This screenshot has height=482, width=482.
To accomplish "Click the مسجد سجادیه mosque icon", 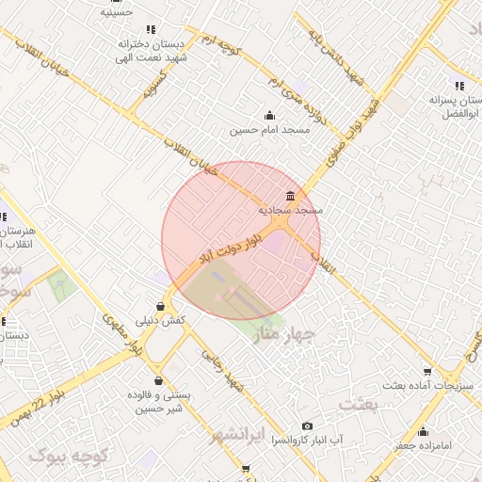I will (x=288, y=197).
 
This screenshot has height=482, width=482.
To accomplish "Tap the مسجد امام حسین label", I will (x=270, y=130).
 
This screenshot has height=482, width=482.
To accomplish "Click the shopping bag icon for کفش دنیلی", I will (x=161, y=306).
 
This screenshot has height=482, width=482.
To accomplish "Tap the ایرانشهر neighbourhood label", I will (x=230, y=434).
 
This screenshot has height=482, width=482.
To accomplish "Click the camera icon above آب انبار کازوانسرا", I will (x=307, y=426).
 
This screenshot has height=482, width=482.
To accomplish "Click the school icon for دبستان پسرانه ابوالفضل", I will (x=459, y=86).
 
